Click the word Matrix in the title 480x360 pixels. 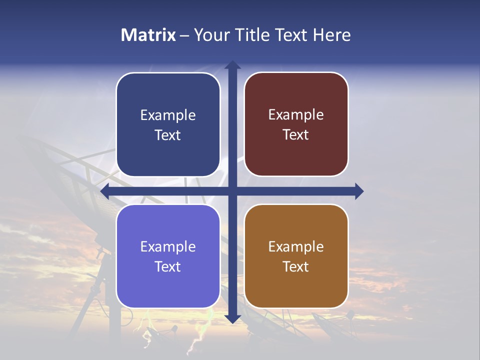(148, 35)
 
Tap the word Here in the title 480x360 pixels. (332, 35)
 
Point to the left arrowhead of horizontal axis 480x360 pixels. (105, 191)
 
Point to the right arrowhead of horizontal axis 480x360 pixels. (359, 191)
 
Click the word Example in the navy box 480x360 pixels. (168, 115)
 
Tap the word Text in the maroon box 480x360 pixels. (296, 135)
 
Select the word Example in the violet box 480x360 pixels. (168, 247)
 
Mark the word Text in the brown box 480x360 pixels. (296, 267)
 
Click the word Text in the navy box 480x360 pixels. (168, 135)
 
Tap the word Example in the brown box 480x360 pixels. (296, 247)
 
